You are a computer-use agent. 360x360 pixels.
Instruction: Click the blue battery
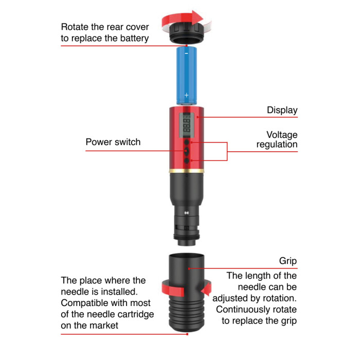pyautogui.click(x=186, y=75)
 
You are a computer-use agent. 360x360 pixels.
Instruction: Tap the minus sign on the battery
pyautogui.click(x=186, y=53)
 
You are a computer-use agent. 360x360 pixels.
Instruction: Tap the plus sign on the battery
pyautogui.click(x=186, y=95)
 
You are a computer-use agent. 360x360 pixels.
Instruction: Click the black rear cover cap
pyautogui.click(x=186, y=33)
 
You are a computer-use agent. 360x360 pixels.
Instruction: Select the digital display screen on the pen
pyautogui.click(x=187, y=125)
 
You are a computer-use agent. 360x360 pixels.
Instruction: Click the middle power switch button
pyautogui.click(x=187, y=151)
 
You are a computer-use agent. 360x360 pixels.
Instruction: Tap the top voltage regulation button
pyautogui.click(x=187, y=142)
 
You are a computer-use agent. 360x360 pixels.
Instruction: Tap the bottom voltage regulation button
pyautogui.click(x=187, y=160)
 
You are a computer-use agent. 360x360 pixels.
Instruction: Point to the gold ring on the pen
pyautogui.click(x=186, y=171)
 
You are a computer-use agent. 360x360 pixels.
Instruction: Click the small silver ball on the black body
pyautogui.click(x=187, y=213)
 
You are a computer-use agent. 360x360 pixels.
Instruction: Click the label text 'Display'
pyautogui.click(x=282, y=111)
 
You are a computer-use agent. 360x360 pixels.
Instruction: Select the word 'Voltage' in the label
pyautogui.click(x=282, y=135)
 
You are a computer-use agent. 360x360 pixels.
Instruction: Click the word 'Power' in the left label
pyautogui.click(x=99, y=142)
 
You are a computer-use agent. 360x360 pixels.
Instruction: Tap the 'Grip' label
pyautogui.click(x=288, y=261)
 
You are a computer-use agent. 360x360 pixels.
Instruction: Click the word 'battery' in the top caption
pyautogui.click(x=135, y=39)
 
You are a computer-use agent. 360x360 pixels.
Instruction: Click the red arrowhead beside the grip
pyautogui.click(x=206, y=289)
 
